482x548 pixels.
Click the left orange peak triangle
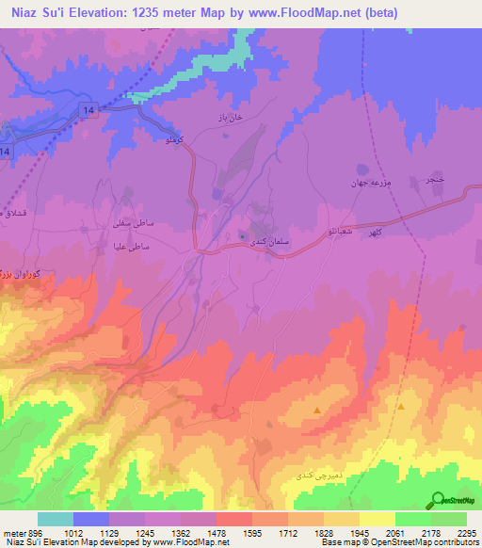(317, 411)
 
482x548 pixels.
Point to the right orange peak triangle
(401, 407)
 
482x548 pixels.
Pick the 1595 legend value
(233, 533)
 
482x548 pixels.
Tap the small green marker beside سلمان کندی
(244, 235)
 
